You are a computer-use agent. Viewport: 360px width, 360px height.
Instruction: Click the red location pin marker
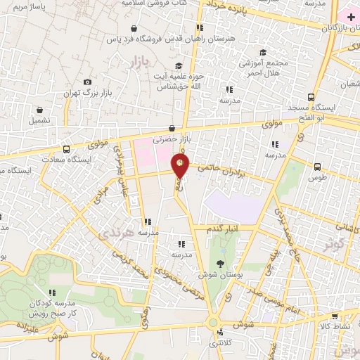(181, 166)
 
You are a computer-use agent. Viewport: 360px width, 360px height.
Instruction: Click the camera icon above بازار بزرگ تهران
(87, 82)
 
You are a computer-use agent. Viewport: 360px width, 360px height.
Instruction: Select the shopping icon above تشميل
(39, 110)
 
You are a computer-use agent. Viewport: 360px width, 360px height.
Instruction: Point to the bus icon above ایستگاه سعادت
(66, 149)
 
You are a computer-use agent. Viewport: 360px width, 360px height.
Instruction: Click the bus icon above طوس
(318, 167)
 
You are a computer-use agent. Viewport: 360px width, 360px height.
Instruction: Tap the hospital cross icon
(351, 15)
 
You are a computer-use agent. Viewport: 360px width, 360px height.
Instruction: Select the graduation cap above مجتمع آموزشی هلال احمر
(263, 52)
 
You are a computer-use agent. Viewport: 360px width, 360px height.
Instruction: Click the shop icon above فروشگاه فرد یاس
(134, 29)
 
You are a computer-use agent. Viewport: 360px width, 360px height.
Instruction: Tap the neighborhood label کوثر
(335, 244)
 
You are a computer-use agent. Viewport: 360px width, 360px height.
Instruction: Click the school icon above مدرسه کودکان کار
(51, 292)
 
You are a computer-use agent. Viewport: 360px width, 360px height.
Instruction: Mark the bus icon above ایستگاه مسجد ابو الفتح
(311, 97)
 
